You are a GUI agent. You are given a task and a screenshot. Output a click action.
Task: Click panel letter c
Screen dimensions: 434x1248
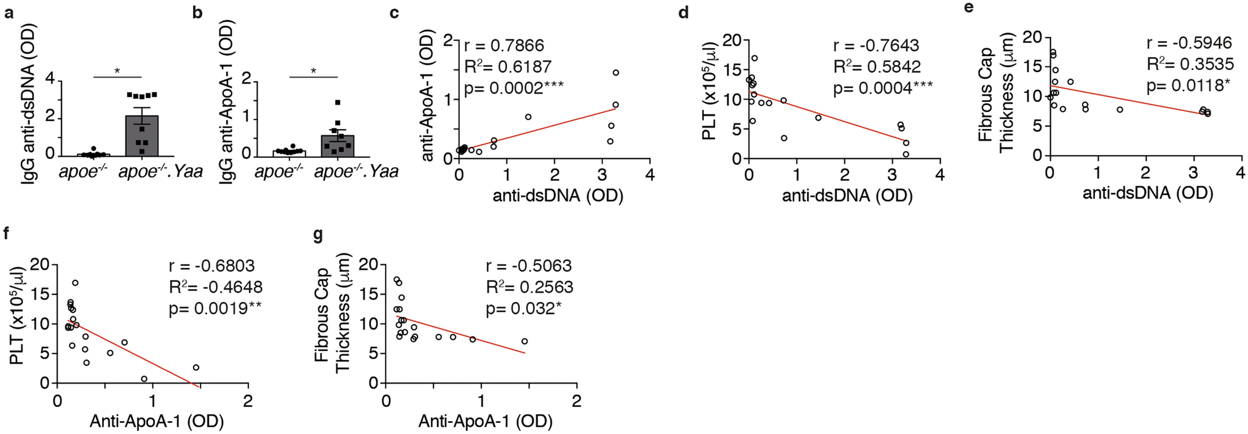(x=395, y=12)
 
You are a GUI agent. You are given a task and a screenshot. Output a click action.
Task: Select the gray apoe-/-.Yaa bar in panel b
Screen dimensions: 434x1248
(x=338, y=145)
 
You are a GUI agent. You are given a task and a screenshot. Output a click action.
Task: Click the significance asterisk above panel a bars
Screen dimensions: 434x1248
(x=117, y=71)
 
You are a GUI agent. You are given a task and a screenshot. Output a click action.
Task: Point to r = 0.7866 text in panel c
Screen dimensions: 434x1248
(x=504, y=45)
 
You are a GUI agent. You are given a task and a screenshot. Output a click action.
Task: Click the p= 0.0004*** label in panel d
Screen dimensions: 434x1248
(x=882, y=89)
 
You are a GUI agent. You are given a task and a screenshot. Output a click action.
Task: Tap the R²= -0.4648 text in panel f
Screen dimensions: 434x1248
(x=215, y=287)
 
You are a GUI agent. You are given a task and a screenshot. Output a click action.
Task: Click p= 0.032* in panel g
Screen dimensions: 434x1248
(x=523, y=309)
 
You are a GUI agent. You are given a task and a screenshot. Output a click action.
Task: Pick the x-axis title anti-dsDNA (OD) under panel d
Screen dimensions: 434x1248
(x=847, y=195)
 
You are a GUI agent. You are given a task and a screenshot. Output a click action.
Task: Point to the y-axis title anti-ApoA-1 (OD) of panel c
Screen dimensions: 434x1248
(x=428, y=97)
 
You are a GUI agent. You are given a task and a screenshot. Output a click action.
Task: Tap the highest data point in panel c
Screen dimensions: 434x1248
(x=615, y=73)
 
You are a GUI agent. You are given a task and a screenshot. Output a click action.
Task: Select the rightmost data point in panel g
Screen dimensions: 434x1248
(x=524, y=341)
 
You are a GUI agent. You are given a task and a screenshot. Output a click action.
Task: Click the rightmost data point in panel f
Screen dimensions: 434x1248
(x=196, y=368)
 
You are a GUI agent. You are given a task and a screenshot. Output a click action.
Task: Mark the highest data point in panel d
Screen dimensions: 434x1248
(x=754, y=58)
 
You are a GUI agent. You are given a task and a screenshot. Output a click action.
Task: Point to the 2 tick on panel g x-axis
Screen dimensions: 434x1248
(x=576, y=401)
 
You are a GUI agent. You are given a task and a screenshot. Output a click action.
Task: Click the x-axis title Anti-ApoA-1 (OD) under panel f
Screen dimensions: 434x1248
(x=157, y=421)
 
